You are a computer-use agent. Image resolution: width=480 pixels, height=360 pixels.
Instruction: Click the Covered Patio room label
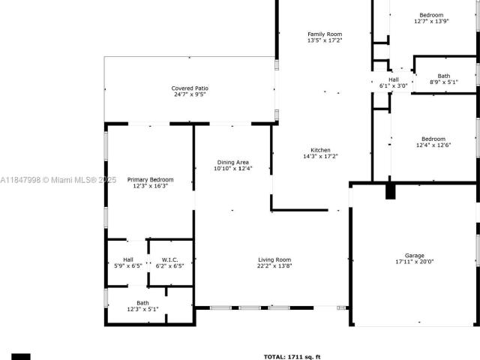(x=190, y=88)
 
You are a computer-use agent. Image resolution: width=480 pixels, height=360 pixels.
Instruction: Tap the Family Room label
(x=325, y=34)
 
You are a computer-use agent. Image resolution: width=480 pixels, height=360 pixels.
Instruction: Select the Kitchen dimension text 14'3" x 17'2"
(x=320, y=157)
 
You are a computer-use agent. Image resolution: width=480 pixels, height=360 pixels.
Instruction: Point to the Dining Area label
(x=233, y=163)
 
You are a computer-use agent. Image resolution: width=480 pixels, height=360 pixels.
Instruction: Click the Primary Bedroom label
(x=150, y=180)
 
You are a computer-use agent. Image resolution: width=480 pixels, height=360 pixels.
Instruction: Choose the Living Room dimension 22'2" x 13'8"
(x=274, y=266)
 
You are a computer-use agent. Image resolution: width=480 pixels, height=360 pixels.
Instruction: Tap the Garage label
(x=415, y=256)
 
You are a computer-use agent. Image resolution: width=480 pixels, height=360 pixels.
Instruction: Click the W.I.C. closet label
(x=170, y=260)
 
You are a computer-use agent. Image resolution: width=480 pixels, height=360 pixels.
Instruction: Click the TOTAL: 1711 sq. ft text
(x=292, y=357)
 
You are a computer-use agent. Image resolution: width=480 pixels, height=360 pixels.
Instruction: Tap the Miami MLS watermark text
(x=58, y=180)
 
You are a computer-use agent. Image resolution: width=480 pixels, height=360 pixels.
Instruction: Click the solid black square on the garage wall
(x=390, y=192)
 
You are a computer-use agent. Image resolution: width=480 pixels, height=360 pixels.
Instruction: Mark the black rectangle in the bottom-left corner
(x=21, y=357)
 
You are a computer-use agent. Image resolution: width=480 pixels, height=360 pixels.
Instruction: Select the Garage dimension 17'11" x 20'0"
(x=415, y=262)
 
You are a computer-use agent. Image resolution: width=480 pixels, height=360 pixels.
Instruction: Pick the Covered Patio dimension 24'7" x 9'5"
(x=190, y=94)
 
